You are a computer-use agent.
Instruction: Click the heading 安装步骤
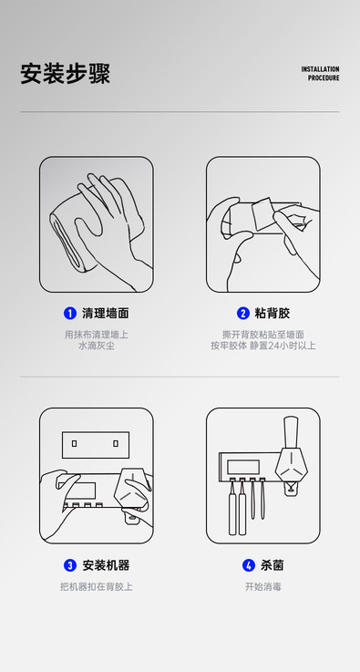click(x=65, y=74)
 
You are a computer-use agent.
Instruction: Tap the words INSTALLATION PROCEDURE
click(x=320, y=73)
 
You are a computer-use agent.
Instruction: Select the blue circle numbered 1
click(x=70, y=314)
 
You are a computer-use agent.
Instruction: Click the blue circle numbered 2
click(x=243, y=314)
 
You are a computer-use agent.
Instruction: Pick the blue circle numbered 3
click(x=70, y=565)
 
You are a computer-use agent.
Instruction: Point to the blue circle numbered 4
click(x=249, y=565)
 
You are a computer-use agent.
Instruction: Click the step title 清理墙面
click(x=106, y=314)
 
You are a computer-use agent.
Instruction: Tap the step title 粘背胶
click(x=273, y=314)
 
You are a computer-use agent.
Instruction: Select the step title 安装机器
click(x=106, y=565)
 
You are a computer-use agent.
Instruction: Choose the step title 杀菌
click(x=273, y=565)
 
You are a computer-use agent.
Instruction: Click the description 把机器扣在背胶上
click(x=97, y=586)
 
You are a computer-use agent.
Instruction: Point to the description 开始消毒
click(x=263, y=586)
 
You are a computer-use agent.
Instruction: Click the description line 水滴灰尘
click(x=97, y=346)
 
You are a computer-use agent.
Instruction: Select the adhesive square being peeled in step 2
click(x=262, y=212)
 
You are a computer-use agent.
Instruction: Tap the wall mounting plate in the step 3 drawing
click(x=96, y=445)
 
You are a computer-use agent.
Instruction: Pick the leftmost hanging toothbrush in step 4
click(x=232, y=508)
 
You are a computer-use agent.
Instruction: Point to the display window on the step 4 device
click(x=243, y=467)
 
